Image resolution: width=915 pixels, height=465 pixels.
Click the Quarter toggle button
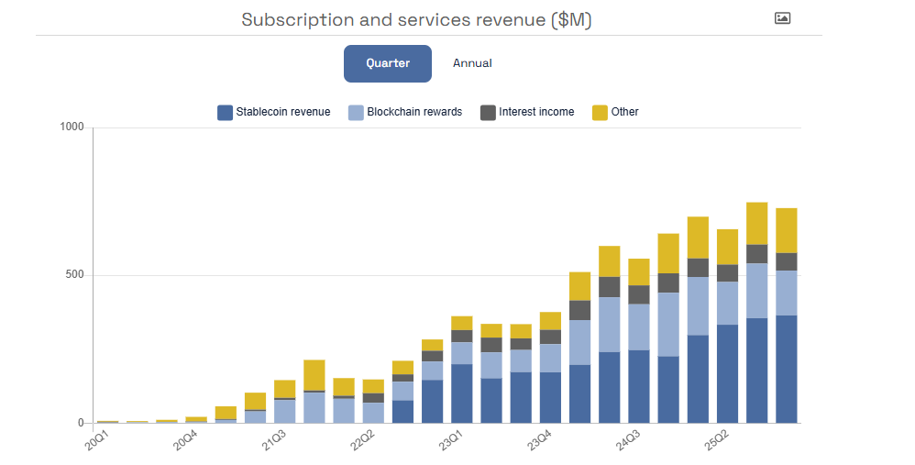tap(387, 63)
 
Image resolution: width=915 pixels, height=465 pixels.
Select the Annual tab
tap(472, 63)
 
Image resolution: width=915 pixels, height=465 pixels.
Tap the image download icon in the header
tap(782, 17)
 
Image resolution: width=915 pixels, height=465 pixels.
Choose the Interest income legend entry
tap(527, 112)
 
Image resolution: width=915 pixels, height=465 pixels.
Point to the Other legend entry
tap(615, 112)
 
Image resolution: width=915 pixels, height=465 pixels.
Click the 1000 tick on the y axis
tap(72, 127)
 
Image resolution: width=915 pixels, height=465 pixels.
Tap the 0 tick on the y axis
tap(82, 423)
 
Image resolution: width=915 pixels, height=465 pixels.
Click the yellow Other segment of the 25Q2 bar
tap(728, 247)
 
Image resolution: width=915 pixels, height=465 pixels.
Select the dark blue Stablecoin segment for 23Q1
tap(462, 393)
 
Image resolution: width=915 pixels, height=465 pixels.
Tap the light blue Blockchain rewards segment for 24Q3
tap(639, 327)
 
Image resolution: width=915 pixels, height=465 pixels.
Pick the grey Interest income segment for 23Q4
tap(551, 337)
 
